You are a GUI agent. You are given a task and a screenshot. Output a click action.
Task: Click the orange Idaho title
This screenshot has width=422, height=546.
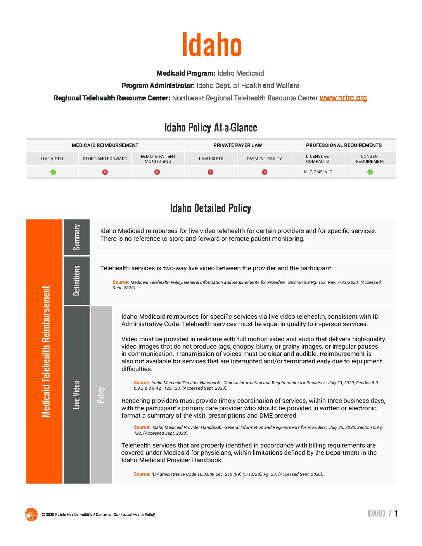[x=212, y=44]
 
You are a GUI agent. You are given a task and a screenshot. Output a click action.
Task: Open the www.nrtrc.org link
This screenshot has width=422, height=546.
[x=343, y=98]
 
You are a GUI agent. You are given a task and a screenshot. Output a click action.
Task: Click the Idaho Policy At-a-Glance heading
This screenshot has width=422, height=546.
[x=211, y=128]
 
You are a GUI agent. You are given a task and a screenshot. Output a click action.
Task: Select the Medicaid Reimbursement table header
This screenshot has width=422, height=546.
[x=105, y=145]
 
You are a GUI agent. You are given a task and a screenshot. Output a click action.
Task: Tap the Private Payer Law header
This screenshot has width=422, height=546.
[x=237, y=145]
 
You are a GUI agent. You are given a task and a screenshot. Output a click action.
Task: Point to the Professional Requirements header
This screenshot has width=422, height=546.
[x=344, y=145]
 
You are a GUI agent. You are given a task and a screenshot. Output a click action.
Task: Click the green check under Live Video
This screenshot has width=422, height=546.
[x=53, y=172]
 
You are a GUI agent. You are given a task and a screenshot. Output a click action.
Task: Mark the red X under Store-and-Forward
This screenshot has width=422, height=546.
[x=105, y=172]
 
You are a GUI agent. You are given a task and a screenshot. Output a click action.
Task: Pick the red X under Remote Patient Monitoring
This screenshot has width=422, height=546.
[x=157, y=172]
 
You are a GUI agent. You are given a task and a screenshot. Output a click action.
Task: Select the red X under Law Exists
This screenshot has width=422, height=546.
[x=211, y=172]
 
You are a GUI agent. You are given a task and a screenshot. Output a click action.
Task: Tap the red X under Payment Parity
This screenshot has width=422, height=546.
[x=265, y=172]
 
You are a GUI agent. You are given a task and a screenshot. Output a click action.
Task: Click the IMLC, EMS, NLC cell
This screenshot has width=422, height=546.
[x=317, y=172]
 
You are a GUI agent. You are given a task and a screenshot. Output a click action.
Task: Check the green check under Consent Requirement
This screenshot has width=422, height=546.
[x=370, y=172]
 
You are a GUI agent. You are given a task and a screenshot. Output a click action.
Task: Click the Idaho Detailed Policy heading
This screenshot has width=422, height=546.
[x=211, y=208]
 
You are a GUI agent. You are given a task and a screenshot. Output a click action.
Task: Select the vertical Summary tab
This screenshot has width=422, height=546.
[x=77, y=237]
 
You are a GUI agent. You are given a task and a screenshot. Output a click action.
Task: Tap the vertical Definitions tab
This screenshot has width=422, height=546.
[x=77, y=280]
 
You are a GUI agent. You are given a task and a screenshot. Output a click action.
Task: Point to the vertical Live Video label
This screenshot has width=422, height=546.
[x=77, y=394]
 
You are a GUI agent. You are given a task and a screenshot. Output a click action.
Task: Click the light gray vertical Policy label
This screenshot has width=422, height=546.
[x=101, y=394]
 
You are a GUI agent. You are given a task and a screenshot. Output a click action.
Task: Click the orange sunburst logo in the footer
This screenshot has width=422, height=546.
[x=31, y=514]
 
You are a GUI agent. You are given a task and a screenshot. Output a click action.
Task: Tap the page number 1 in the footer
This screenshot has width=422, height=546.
[x=396, y=514]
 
